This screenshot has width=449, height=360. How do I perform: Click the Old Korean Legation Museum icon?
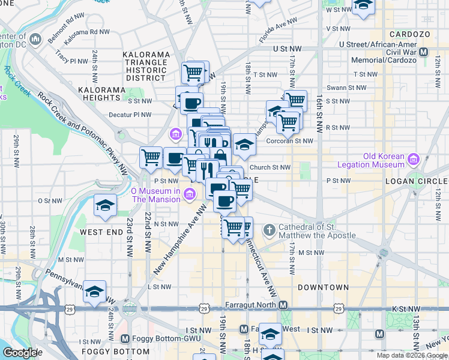coord(413,160)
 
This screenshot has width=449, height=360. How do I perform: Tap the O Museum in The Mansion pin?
coord(190,193)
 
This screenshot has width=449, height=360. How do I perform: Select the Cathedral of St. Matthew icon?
coord(271,229)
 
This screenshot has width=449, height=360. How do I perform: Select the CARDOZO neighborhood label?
coord(410,35)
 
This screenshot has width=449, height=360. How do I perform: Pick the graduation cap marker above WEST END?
coord(105,205)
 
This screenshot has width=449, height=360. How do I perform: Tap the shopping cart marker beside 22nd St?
coord(151,158)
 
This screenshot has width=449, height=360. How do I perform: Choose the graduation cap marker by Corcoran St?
coord(244,144)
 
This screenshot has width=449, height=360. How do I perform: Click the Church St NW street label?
coord(270,167)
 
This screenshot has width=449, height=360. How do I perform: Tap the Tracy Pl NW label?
coord(71,60)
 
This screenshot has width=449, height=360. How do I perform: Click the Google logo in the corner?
coord(20,353)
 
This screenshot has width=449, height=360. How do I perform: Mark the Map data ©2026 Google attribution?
coord(411,356)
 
